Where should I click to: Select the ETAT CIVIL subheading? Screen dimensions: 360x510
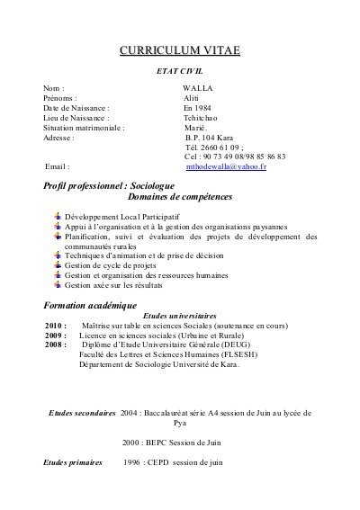point(181,69)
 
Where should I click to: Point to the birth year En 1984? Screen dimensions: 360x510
point(196,109)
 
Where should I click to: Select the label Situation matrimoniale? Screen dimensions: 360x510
point(84,129)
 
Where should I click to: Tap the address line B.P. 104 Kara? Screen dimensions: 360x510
point(209,139)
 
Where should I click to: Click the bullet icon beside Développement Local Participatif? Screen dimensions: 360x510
point(58,218)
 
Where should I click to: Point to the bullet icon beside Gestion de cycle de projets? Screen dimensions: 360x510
point(58,265)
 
